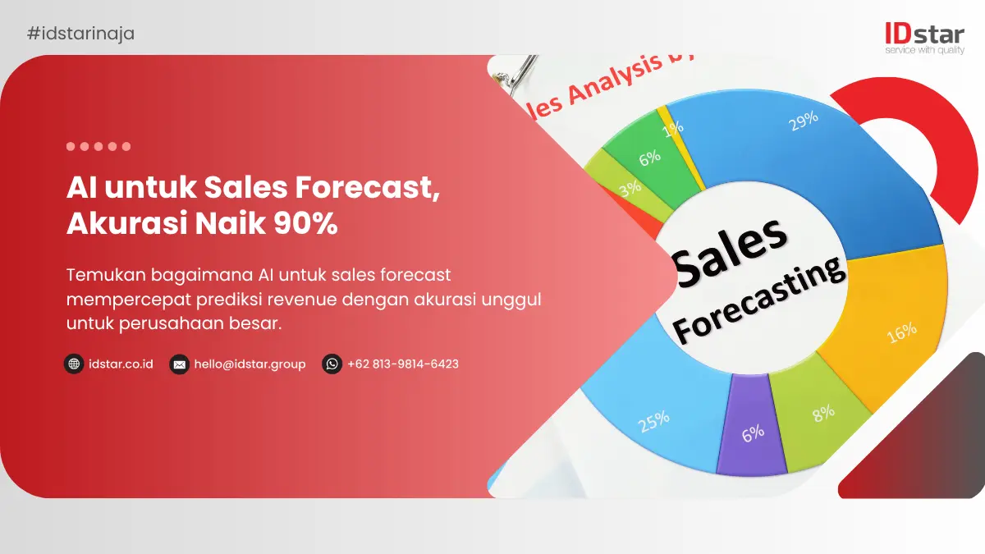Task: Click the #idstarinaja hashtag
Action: (x=80, y=34)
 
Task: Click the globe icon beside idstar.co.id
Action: (x=74, y=364)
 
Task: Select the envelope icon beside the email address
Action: (x=179, y=364)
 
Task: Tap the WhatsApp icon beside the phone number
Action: (x=332, y=364)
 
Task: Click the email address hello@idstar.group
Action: (x=250, y=364)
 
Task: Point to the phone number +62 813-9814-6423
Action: (x=402, y=364)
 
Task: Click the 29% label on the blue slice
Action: (x=802, y=120)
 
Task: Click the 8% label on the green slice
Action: (x=823, y=414)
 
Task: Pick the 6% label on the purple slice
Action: (x=753, y=433)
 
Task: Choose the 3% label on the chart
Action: (x=630, y=189)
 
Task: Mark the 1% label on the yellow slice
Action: (x=674, y=129)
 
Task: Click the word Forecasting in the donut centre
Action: (x=758, y=301)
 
